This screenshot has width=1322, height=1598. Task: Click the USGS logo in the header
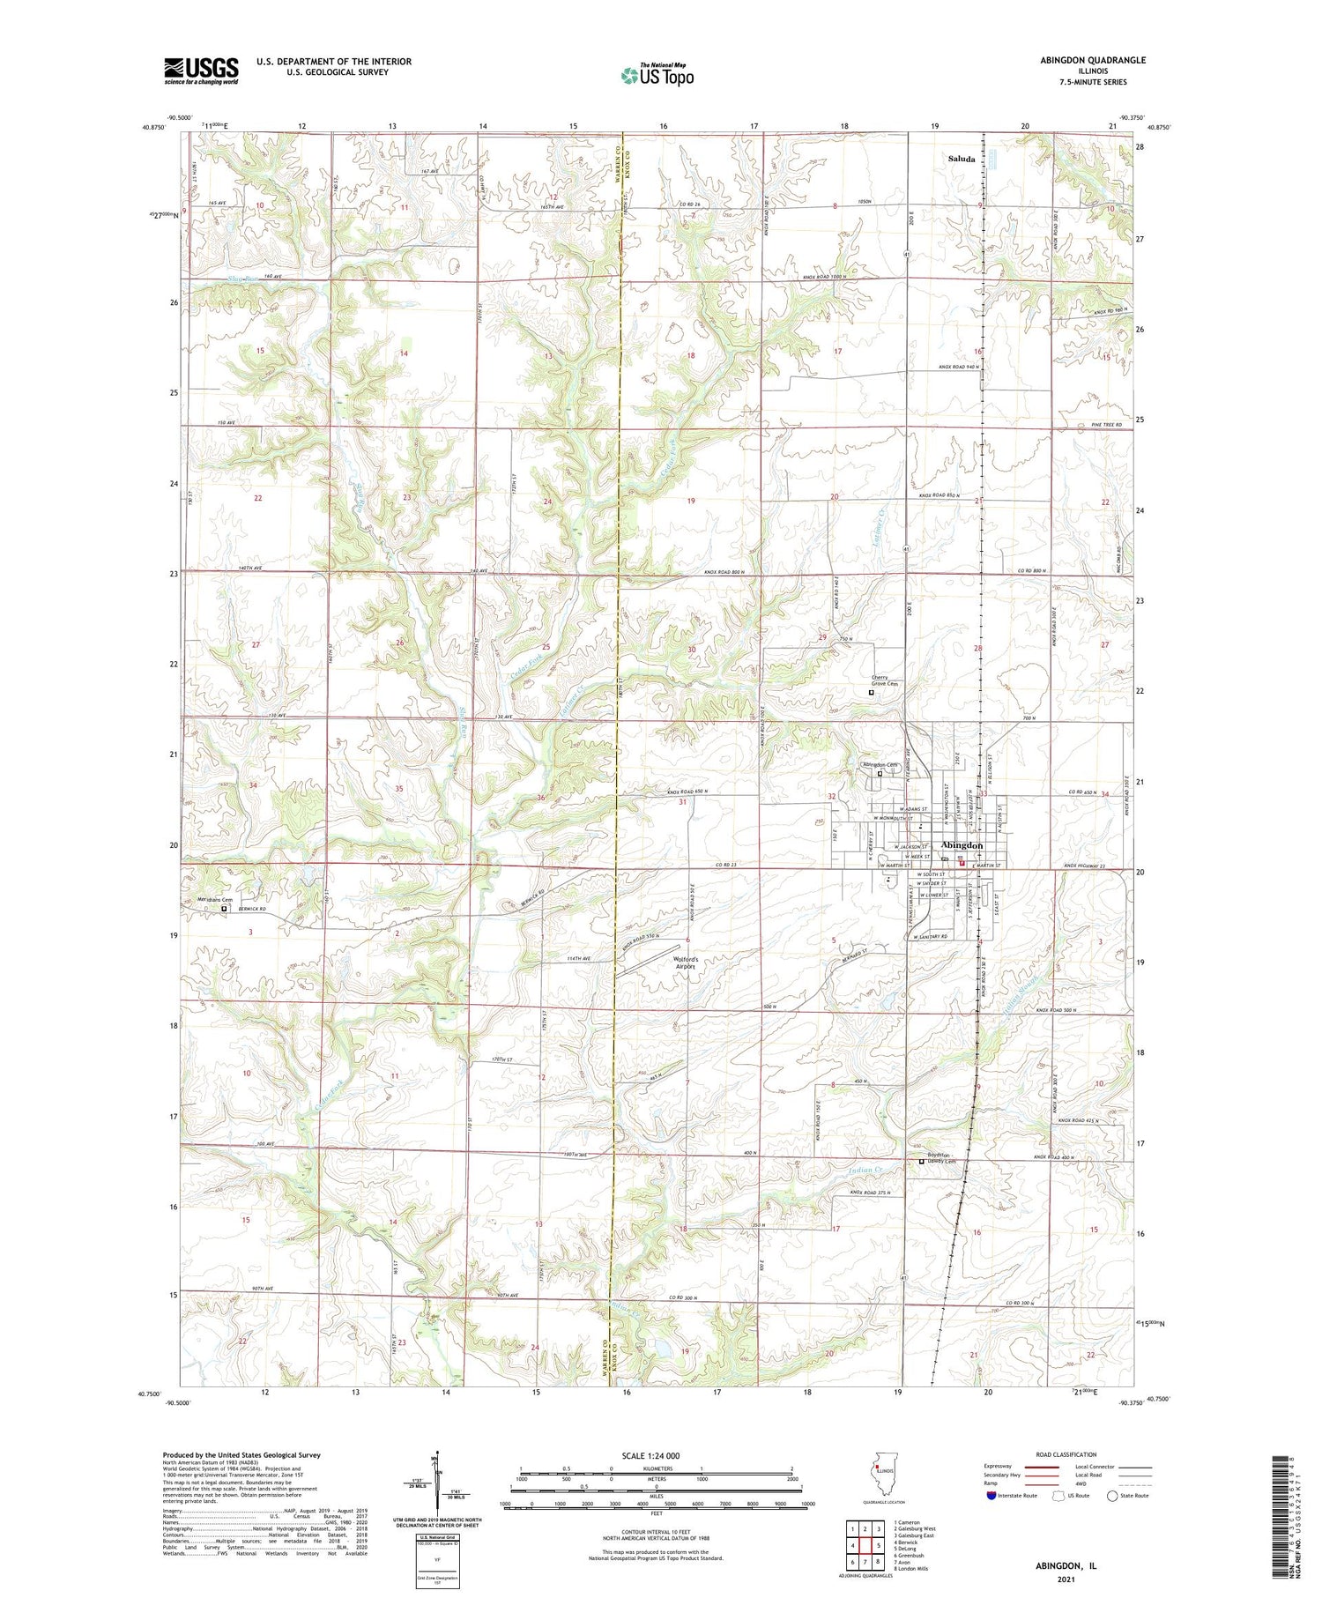point(201,71)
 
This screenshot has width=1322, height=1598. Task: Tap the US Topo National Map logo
point(657,75)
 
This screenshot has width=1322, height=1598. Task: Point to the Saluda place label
point(961,160)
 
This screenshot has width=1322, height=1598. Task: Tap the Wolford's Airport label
point(686,963)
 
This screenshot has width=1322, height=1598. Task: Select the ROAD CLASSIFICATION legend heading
point(1066,1454)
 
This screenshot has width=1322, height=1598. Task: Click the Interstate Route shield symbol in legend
point(991,1496)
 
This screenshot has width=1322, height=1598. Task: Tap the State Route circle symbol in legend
point(1113,1496)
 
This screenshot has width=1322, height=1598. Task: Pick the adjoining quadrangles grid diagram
point(865,1539)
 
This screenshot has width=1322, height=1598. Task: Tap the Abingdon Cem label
point(879,764)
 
